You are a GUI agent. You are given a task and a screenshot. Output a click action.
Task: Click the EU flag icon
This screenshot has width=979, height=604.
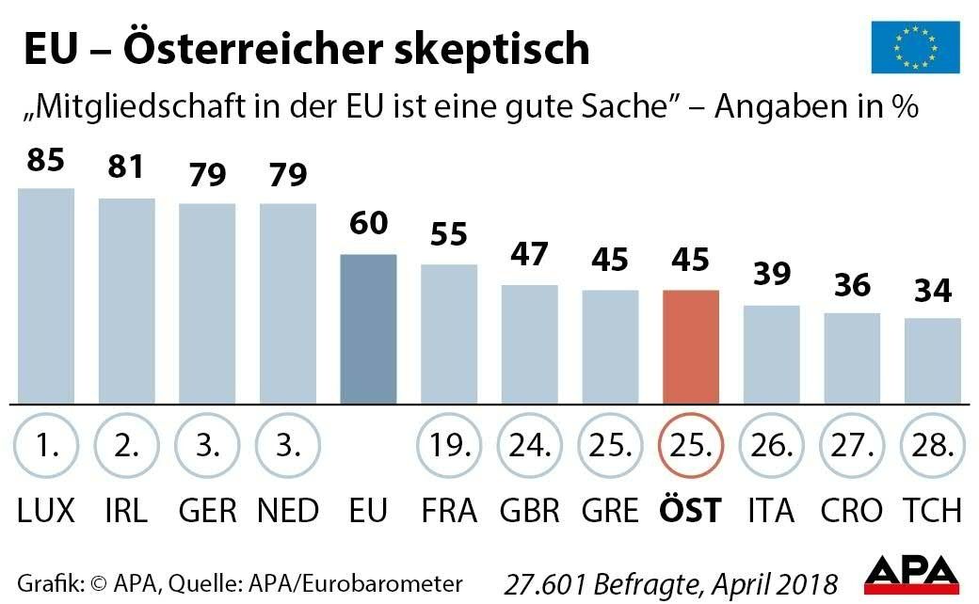[915, 47]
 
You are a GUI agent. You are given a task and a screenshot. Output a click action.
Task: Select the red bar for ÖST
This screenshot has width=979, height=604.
[691, 346]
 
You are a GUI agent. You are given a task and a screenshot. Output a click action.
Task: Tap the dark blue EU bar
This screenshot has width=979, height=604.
[368, 328]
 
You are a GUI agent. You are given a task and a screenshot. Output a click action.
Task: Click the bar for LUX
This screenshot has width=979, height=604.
[46, 295]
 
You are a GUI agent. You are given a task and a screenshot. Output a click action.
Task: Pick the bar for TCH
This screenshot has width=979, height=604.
[933, 360]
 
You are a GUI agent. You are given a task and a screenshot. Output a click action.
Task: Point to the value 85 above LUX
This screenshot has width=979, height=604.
[45, 161]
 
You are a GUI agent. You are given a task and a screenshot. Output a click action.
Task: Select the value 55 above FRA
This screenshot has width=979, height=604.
[448, 235]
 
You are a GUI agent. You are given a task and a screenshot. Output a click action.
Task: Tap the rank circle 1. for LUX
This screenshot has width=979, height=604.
[45, 444]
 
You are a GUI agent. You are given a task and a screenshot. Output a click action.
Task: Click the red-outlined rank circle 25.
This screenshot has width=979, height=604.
[691, 444]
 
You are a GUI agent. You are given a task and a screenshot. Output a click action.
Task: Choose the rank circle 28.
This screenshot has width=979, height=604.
[932, 444]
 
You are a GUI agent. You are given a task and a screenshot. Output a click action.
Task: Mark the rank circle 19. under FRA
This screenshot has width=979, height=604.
[448, 444]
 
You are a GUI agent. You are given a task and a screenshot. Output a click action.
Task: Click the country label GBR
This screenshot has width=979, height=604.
[529, 511]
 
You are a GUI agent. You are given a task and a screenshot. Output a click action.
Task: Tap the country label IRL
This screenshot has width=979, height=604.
[126, 511]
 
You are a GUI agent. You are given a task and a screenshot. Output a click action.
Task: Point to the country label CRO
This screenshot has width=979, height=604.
[851, 511]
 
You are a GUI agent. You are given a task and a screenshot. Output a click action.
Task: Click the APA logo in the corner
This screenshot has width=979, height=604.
[911, 575]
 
